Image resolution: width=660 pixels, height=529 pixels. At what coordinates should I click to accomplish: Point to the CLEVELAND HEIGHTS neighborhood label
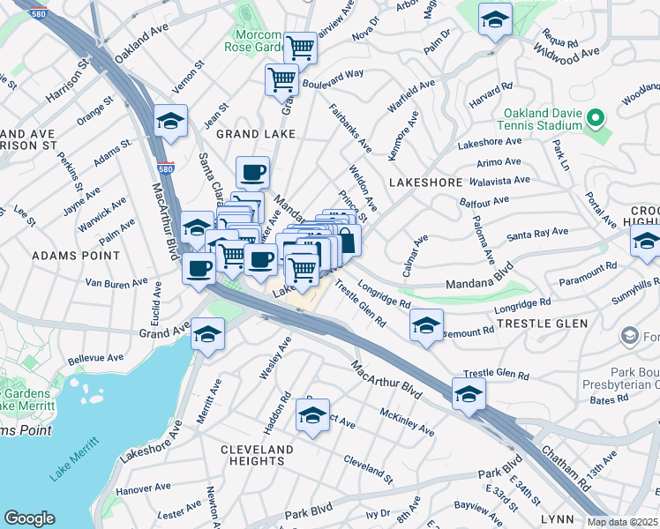click(257, 456)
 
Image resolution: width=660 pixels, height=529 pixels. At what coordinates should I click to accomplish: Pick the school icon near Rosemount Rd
click(426, 326)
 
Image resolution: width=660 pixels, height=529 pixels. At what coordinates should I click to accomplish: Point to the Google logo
click(29, 518)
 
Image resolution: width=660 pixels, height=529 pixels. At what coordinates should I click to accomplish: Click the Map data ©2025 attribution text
click(623, 522)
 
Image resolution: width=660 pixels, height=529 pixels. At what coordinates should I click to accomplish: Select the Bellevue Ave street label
click(97, 359)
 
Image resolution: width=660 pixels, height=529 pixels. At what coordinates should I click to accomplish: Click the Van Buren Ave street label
click(116, 283)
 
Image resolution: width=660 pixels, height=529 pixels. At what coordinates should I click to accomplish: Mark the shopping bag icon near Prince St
click(346, 240)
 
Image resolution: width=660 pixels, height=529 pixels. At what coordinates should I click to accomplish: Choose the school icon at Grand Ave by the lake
click(208, 334)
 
